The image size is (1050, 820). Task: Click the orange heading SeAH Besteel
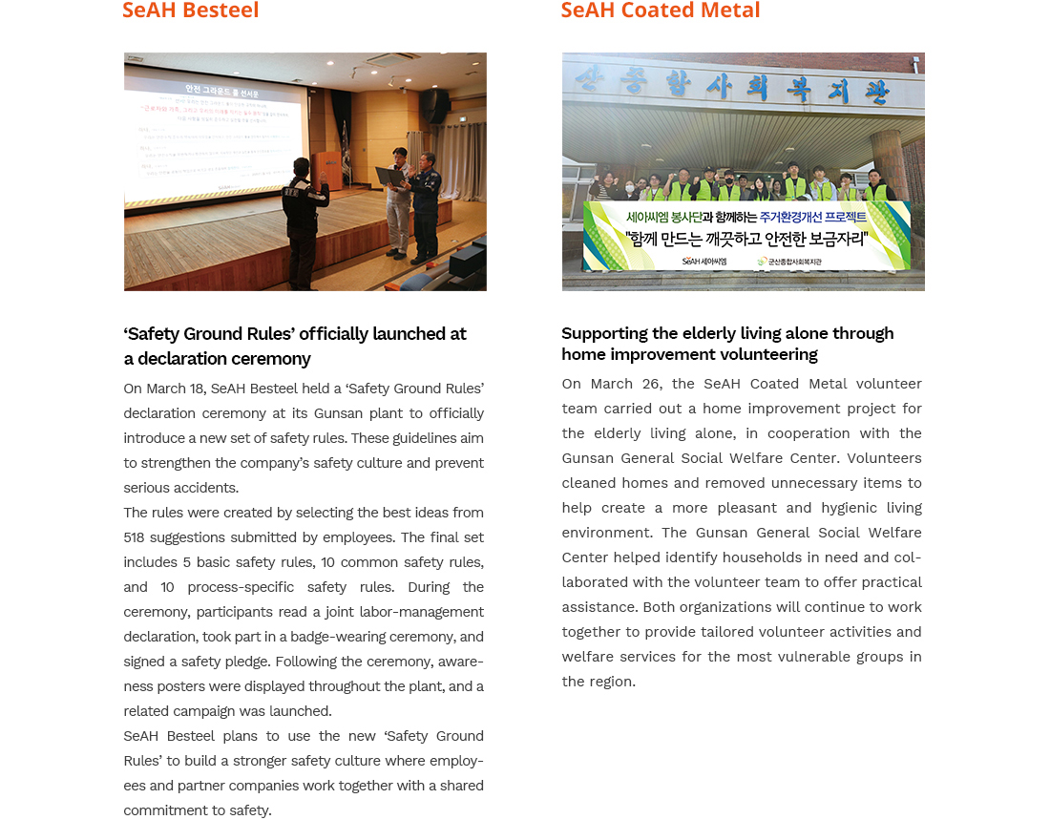(x=191, y=11)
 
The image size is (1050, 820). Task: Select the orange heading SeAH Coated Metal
(x=661, y=11)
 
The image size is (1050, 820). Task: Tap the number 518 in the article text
(x=134, y=537)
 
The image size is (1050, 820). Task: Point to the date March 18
(x=169, y=389)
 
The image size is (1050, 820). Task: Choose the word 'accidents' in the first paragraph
(x=206, y=488)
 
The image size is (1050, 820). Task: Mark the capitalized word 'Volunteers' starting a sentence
(x=884, y=458)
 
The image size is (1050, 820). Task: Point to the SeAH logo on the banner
(x=703, y=261)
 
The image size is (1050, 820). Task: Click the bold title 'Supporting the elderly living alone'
(x=727, y=333)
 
